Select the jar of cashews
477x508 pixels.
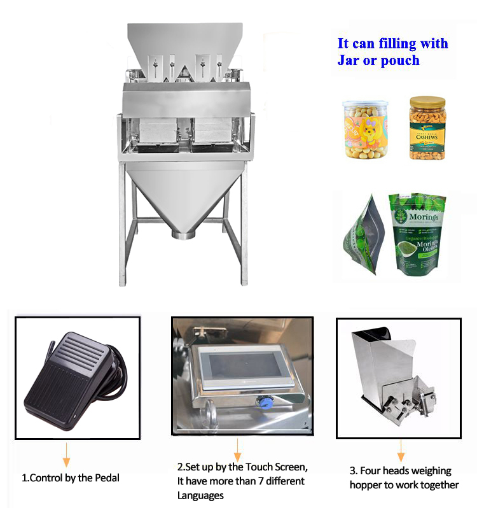427,129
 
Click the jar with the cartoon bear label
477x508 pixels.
365,130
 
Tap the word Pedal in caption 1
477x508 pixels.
106,477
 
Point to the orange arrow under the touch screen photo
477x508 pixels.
238,453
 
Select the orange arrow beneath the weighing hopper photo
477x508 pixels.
401,453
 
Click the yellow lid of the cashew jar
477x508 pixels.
427,102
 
